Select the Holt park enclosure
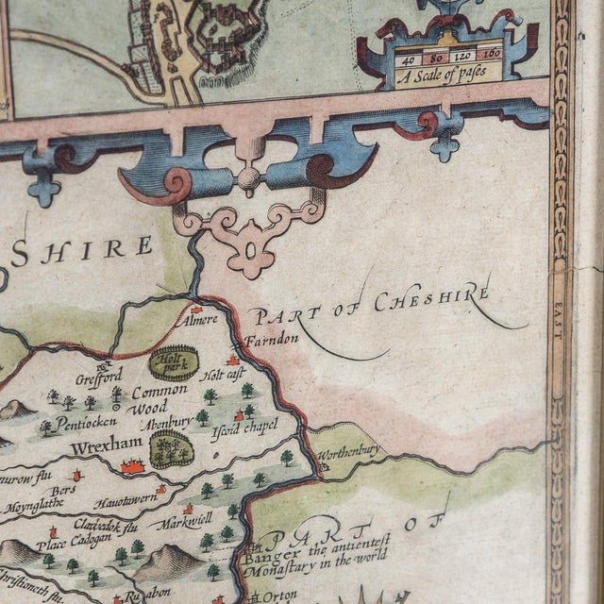(174, 362)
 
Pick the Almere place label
(198, 320)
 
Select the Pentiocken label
(88, 422)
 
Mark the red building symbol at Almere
(196, 308)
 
